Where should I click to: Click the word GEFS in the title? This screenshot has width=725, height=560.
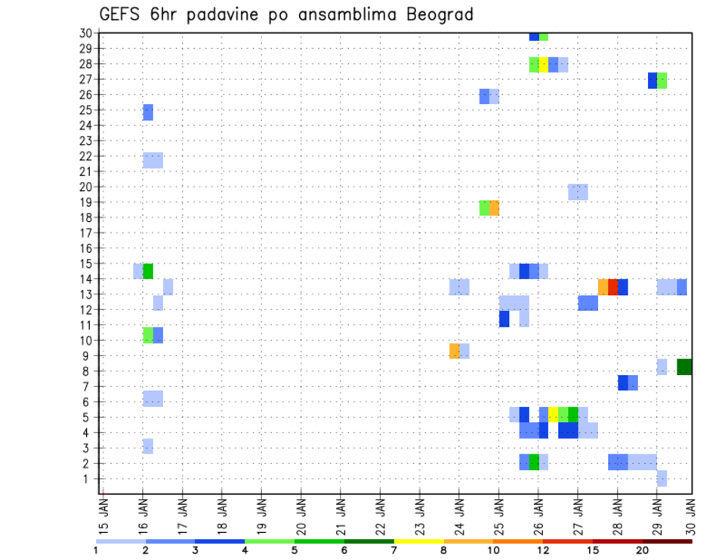pos(121,14)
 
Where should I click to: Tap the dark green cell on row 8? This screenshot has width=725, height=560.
pos(685,367)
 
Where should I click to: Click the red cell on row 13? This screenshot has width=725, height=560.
pos(613,287)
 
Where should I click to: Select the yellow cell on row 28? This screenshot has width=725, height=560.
pos(543,64)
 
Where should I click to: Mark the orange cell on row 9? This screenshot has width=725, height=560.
pos(454,351)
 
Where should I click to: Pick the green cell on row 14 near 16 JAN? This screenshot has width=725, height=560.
pos(148,271)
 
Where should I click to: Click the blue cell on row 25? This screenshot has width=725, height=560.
pos(148,112)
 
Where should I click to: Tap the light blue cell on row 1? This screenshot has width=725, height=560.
pos(662,478)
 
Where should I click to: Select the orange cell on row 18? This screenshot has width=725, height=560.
pos(494,208)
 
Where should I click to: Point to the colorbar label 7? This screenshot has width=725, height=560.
pos(394,550)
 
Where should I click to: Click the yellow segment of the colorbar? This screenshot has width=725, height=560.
pos(419,541)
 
